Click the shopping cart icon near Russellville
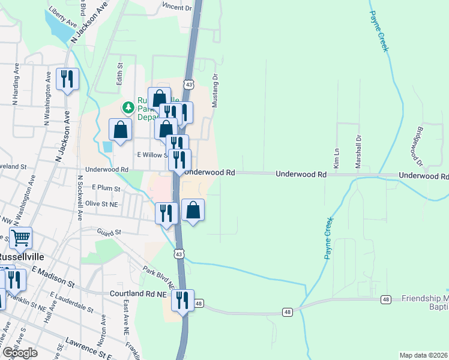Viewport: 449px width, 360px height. pyautogui.click(x=20, y=238)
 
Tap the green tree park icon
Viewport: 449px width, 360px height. pyautogui.click(x=128, y=107)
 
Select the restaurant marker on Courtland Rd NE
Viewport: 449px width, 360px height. pyautogui.click(x=182, y=300)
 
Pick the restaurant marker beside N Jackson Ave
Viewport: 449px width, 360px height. pyautogui.click(x=67, y=79)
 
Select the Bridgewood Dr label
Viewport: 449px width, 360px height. pyautogui.click(x=416, y=146)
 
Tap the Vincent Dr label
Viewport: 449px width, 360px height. pyautogui.click(x=176, y=8)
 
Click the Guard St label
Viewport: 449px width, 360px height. pyautogui.click(x=109, y=232)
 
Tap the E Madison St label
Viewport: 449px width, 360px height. pyautogui.click(x=53, y=276)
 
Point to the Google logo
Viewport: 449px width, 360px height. pyautogui.click(x=20, y=352)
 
